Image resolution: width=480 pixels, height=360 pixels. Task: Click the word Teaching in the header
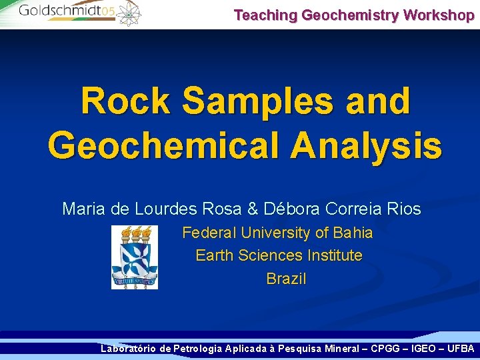[266, 15]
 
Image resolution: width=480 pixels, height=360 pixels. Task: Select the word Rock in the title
[125, 102]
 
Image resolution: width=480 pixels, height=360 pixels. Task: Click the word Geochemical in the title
[164, 146]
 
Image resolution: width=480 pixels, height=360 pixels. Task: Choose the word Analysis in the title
[366, 146]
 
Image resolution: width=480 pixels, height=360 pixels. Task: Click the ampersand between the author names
[252, 209]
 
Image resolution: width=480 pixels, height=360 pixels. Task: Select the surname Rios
[402, 209]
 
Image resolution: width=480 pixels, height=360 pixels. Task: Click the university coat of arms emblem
[134, 257]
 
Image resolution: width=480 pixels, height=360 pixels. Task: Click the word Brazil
[286, 279]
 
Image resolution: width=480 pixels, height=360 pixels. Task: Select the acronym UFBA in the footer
[461, 348]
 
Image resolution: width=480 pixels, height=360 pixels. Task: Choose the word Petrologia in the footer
[197, 348]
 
